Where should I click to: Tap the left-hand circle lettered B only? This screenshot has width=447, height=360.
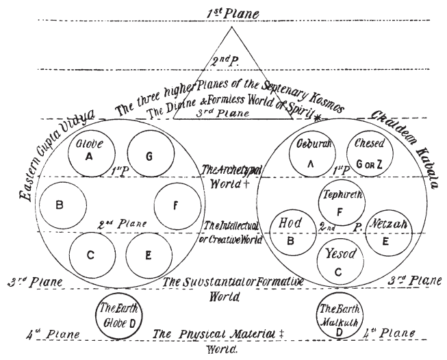point(62,204)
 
